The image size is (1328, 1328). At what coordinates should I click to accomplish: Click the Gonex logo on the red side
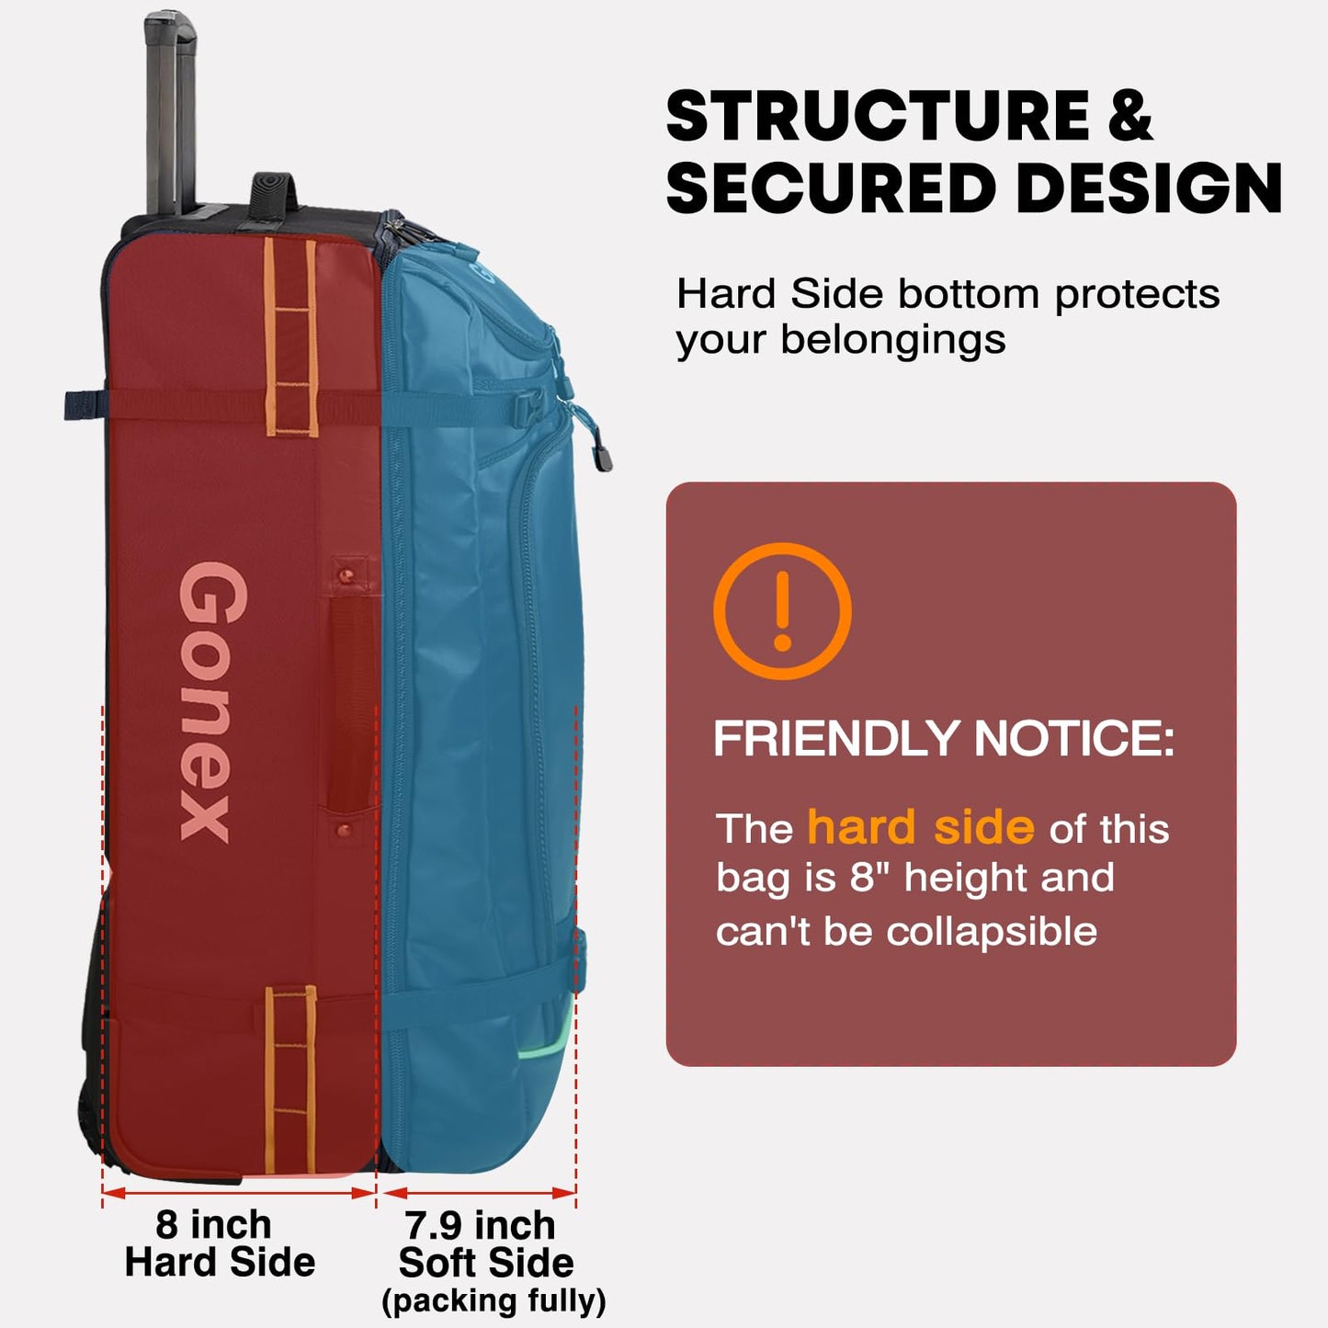coord(213,701)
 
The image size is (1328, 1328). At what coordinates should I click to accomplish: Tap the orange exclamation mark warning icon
coord(782,610)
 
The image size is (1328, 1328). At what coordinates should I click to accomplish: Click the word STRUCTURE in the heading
coord(879,116)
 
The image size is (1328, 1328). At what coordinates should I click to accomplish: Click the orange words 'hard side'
coord(921,827)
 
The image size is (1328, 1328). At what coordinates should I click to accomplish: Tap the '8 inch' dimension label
coord(213,1225)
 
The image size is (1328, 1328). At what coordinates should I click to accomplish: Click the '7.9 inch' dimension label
coord(480,1225)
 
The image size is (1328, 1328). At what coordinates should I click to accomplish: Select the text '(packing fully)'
coord(494,1301)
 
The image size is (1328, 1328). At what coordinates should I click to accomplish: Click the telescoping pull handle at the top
coord(169,114)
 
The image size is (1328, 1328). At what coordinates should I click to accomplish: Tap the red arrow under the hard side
coord(238,1193)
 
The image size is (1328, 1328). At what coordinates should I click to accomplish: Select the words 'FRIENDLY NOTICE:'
coord(944,738)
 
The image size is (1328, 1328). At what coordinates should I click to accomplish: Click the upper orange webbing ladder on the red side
coord(290,337)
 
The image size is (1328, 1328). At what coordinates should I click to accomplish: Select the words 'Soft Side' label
coord(486,1264)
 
